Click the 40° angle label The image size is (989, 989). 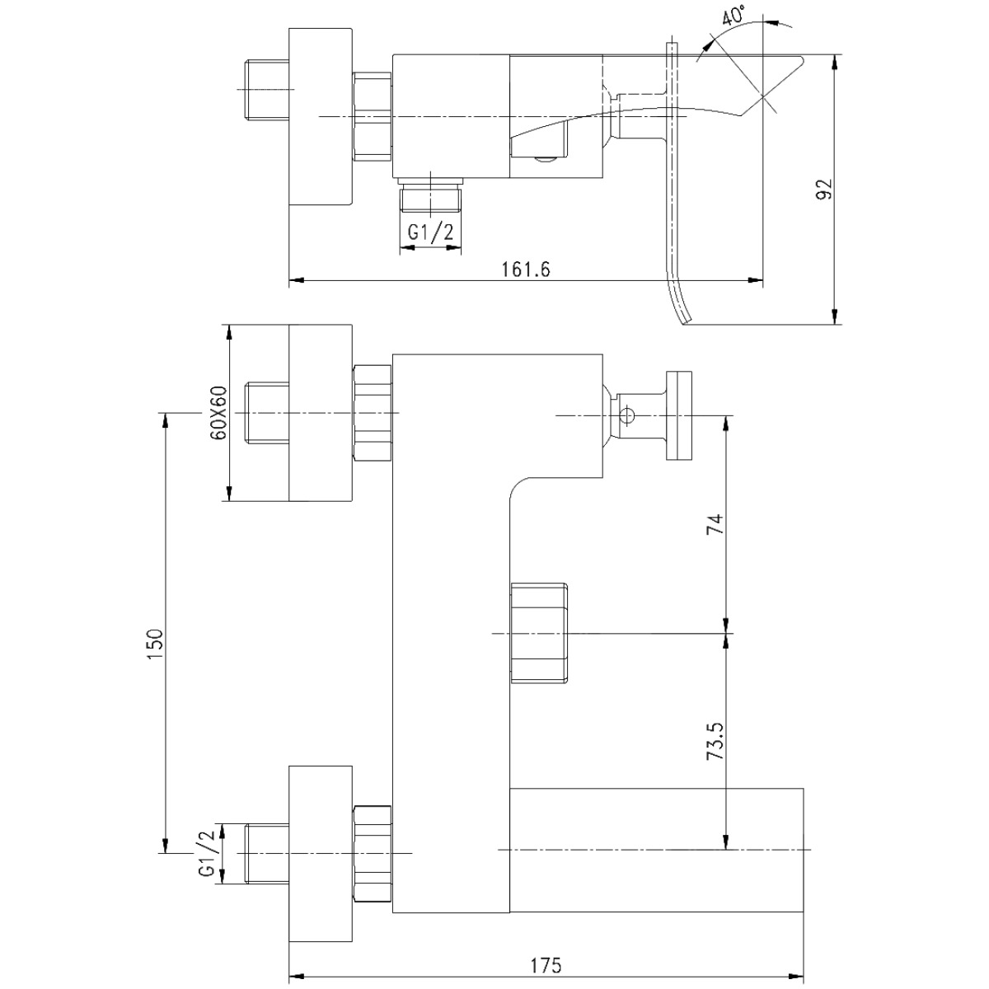coord(734,14)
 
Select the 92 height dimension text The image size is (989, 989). coord(823,190)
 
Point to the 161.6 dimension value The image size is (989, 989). coord(526,270)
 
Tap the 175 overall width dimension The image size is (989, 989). coord(546,965)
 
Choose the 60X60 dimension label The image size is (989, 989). coord(218,413)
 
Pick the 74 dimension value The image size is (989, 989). coord(715,524)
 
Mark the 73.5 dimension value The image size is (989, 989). coord(715,741)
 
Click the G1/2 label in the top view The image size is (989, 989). coord(430,233)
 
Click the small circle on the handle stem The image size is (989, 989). coord(627,415)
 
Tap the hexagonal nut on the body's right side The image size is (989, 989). coord(539,633)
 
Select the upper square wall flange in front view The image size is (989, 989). coord(321,413)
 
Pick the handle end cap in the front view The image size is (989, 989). coord(679,415)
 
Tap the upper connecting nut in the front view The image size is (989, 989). coord(373,413)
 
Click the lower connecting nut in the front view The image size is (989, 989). coord(373,854)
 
